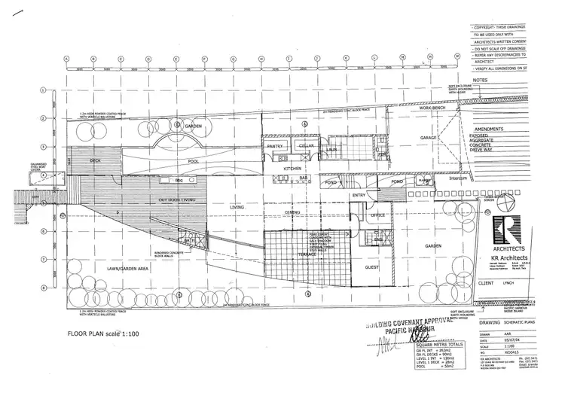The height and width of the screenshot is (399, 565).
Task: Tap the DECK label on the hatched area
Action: click(95, 160)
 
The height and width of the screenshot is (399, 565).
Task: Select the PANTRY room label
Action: click(275, 145)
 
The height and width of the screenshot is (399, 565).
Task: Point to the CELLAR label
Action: click(307, 145)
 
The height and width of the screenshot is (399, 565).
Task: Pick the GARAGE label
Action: click(429, 139)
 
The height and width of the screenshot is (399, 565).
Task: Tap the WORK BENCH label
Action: click(435, 110)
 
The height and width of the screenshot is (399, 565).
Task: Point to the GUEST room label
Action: click(372, 267)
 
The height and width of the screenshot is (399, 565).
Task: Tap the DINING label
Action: click(273, 213)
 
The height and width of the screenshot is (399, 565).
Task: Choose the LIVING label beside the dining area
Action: click(237, 207)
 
